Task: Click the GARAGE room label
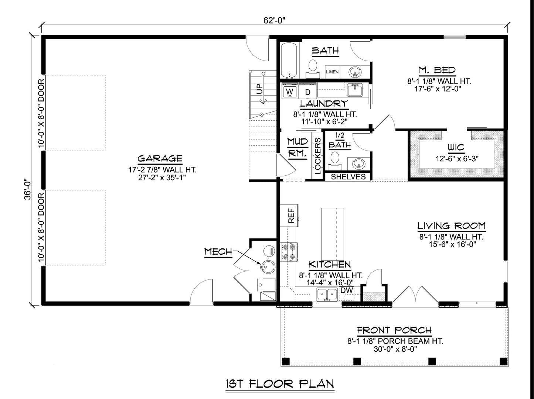pyautogui.click(x=160, y=158)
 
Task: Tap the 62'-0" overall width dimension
pyautogui.click(x=274, y=20)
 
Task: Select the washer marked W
pyautogui.click(x=289, y=92)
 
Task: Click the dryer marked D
pyautogui.click(x=307, y=92)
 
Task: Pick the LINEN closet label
pyautogui.click(x=332, y=72)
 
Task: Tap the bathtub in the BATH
pyautogui.click(x=289, y=60)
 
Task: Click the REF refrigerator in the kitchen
pyautogui.click(x=289, y=216)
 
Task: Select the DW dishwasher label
pyautogui.click(x=346, y=290)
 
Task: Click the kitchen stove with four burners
pyautogui.click(x=289, y=252)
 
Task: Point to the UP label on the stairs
pyautogui.click(x=260, y=89)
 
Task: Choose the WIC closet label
pyautogui.click(x=456, y=148)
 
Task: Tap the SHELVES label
pyautogui.click(x=348, y=177)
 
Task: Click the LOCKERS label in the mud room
pyautogui.click(x=318, y=156)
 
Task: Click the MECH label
pyautogui.click(x=218, y=252)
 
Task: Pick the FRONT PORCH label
pyautogui.click(x=394, y=330)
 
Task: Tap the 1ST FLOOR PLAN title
pyautogui.click(x=280, y=384)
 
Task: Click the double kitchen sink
pyautogui.click(x=327, y=295)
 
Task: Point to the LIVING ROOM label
pyautogui.click(x=452, y=226)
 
